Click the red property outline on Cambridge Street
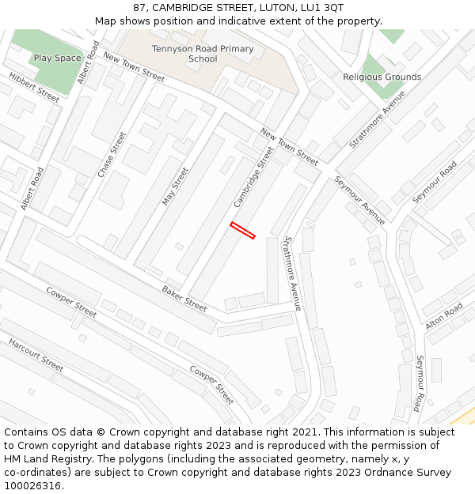pos(242,230)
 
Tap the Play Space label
pos(57,58)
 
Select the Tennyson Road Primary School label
pos(203,54)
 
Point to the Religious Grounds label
pos(382,77)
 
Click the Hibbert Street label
pos(34,87)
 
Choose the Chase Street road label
pos(112,154)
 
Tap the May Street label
pos(175,187)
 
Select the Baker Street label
pos(184,296)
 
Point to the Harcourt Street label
pos(36,355)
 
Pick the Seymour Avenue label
pos(359,200)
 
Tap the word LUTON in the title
pos(268,8)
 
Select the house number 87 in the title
pos(139,8)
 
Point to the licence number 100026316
pos(32,486)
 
